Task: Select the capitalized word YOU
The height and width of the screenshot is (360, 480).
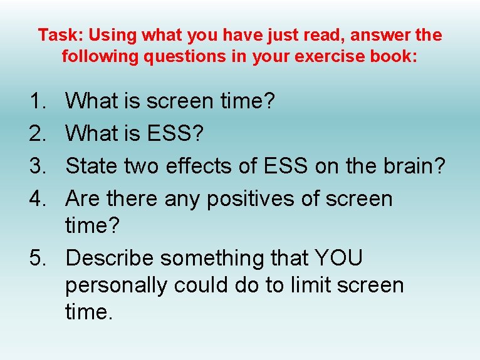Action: (x=339, y=258)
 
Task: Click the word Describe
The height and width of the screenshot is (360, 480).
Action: (x=110, y=258)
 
